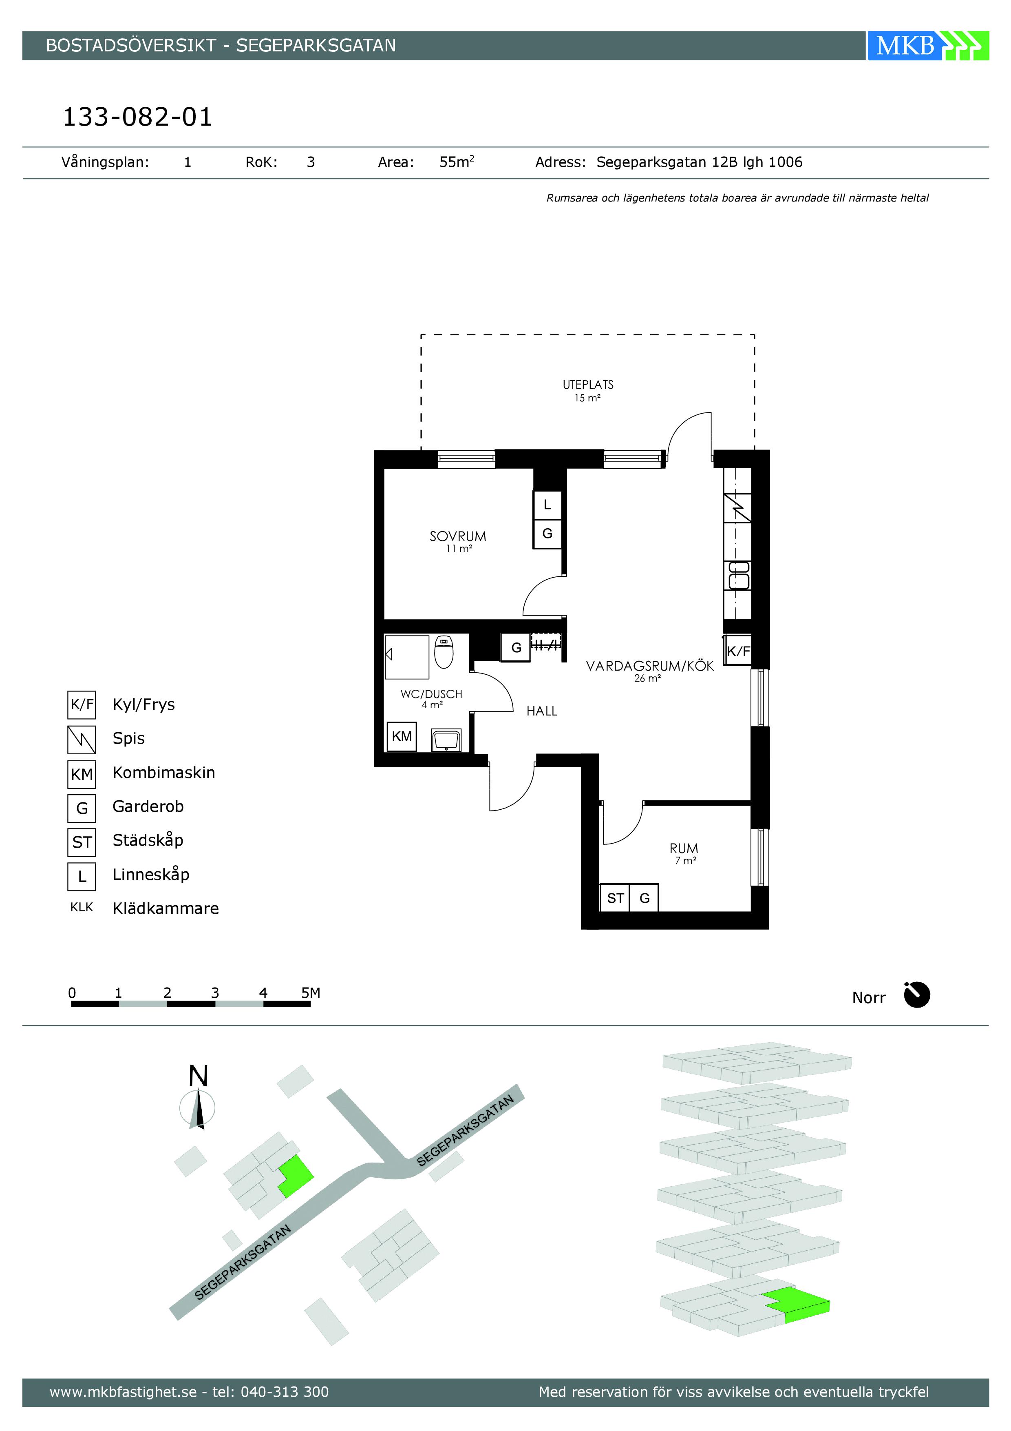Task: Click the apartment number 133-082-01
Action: tap(138, 117)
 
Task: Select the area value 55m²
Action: tap(457, 162)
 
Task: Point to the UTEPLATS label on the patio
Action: tap(588, 385)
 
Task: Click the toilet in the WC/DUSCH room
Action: tap(444, 652)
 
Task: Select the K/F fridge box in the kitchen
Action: tap(738, 651)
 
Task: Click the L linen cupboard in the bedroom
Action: tap(547, 505)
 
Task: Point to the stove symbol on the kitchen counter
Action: tap(737, 508)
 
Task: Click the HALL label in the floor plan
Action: tap(542, 711)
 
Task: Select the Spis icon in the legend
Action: tap(82, 740)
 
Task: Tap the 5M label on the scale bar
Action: tap(311, 993)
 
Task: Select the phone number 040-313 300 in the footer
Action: tap(285, 1392)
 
